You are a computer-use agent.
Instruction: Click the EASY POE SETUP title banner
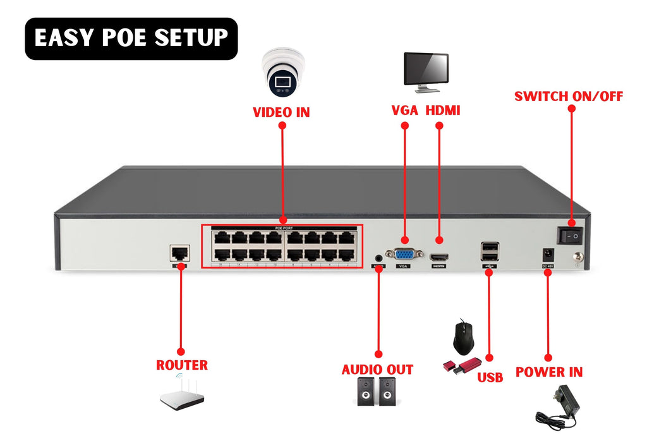pyautogui.click(x=131, y=39)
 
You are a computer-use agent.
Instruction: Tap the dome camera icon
pyautogui.click(x=282, y=72)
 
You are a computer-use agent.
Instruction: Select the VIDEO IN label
pyautogui.click(x=281, y=112)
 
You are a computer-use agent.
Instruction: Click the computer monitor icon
pyautogui.click(x=426, y=70)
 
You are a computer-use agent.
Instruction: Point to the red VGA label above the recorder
pyautogui.click(x=404, y=111)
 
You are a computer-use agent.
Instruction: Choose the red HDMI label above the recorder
pyautogui.click(x=442, y=111)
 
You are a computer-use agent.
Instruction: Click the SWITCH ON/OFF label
pyautogui.click(x=568, y=97)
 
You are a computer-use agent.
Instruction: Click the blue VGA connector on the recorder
pyautogui.click(x=404, y=254)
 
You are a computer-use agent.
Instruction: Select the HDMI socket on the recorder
pyautogui.click(x=440, y=257)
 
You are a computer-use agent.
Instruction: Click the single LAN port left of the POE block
pyautogui.click(x=179, y=253)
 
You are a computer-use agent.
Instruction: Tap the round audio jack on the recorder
pyautogui.click(x=378, y=258)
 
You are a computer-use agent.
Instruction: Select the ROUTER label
pyautogui.click(x=181, y=365)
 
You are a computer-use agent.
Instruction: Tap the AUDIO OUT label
pyautogui.click(x=377, y=370)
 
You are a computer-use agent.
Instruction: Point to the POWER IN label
pyautogui.click(x=548, y=372)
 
